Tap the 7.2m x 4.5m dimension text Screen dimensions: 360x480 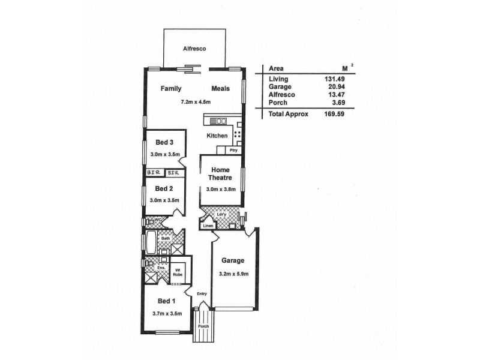click(x=196, y=102)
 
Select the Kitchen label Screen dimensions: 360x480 click(x=217, y=136)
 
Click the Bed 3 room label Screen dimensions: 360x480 click(x=165, y=143)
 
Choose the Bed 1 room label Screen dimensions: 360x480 click(x=167, y=301)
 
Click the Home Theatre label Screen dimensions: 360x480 click(x=220, y=174)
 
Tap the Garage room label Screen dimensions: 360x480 click(x=233, y=261)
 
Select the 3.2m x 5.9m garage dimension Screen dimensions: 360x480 click(x=234, y=275)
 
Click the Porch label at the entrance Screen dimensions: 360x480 click(x=203, y=327)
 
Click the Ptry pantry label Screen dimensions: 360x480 click(x=233, y=150)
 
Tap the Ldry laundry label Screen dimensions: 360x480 click(x=222, y=214)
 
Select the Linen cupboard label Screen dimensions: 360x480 click(x=208, y=226)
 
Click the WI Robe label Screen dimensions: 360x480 click(x=179, y=272)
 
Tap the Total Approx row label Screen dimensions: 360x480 click(x=289, y=113)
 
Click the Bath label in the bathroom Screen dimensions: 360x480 click(x=164, y=239)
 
